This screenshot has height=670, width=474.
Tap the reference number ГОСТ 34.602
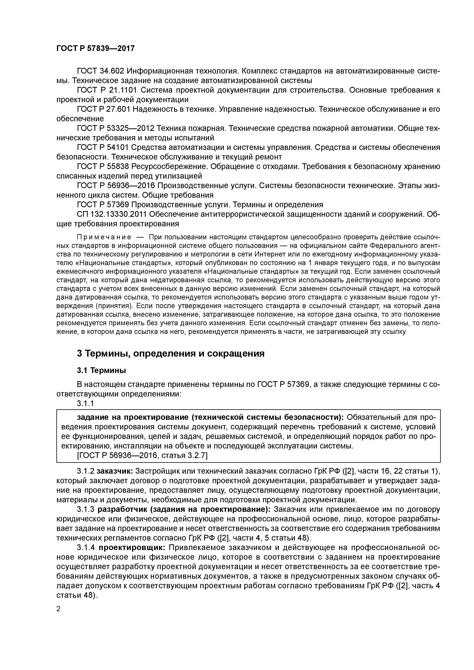pos(101,71)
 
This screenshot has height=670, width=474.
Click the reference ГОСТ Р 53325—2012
pos(115,128)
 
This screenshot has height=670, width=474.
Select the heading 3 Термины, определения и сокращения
pos(170,353)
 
